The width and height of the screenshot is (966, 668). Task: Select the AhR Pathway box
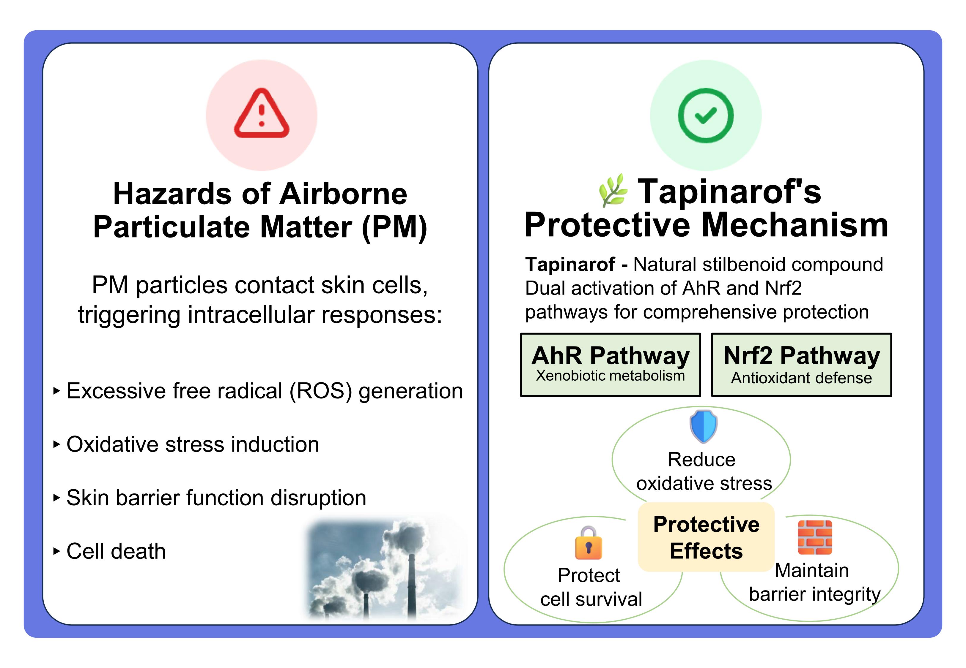point(610,365)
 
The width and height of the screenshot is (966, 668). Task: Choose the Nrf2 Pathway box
point(801,365)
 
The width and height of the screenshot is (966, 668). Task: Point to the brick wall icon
point(815,537)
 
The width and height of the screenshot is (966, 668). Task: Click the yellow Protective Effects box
point(706,537)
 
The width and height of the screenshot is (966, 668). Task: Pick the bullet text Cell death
point(116,551)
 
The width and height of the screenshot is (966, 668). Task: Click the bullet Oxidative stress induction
point(193,444)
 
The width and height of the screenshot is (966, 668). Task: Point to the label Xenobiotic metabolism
point(610,376)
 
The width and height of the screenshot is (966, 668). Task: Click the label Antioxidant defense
point(801,378)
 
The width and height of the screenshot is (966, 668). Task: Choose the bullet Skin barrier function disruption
point(216,498)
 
